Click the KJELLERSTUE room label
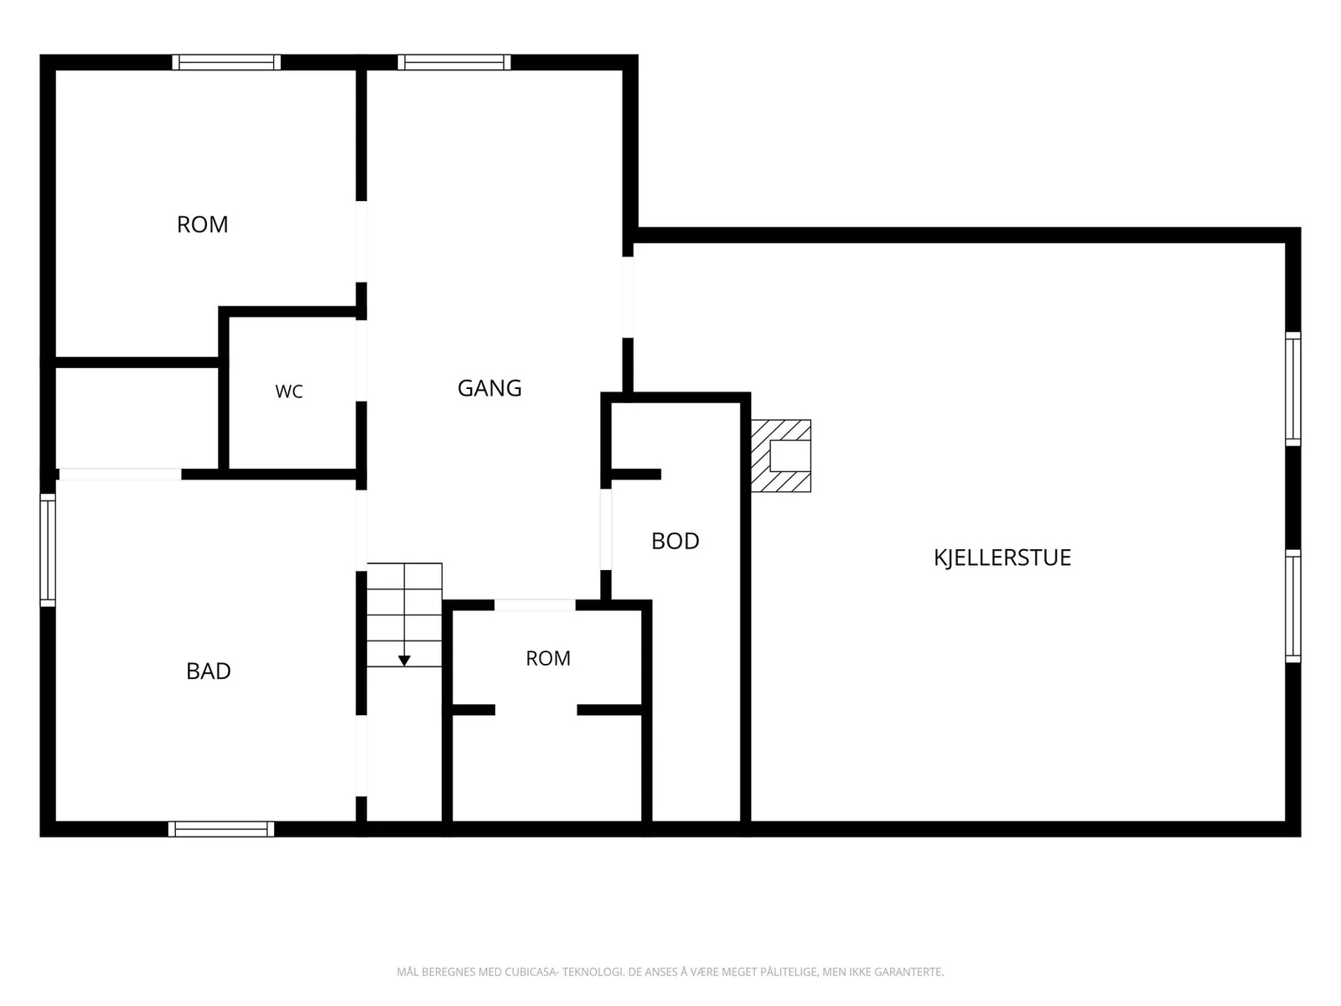[x=1002, y=557]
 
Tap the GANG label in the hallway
[x=489, y=388]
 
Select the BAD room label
[x=209, y=672]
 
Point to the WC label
[x=289, y=392]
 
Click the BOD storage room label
[x=675, y=542]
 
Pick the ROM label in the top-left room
[x=202, y=225]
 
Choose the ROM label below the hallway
[x=548, y=658]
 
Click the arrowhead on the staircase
[x=404, y=661]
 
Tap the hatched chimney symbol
[x=781, y=456]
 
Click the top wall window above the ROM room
[x=226, y=62]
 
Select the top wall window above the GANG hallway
[x=454, y=62]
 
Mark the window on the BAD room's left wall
[x=48, y=550]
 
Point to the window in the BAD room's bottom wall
[x=221, y=829]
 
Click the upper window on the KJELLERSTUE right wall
[x=1292, y=389]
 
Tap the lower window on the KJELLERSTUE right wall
[x=1292, y=606]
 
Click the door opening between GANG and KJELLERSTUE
[x=628, y=298]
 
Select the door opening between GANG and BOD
[x=605, y=530]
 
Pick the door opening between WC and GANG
[x=361, y=360]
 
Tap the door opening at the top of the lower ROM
[x=535, y=605]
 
